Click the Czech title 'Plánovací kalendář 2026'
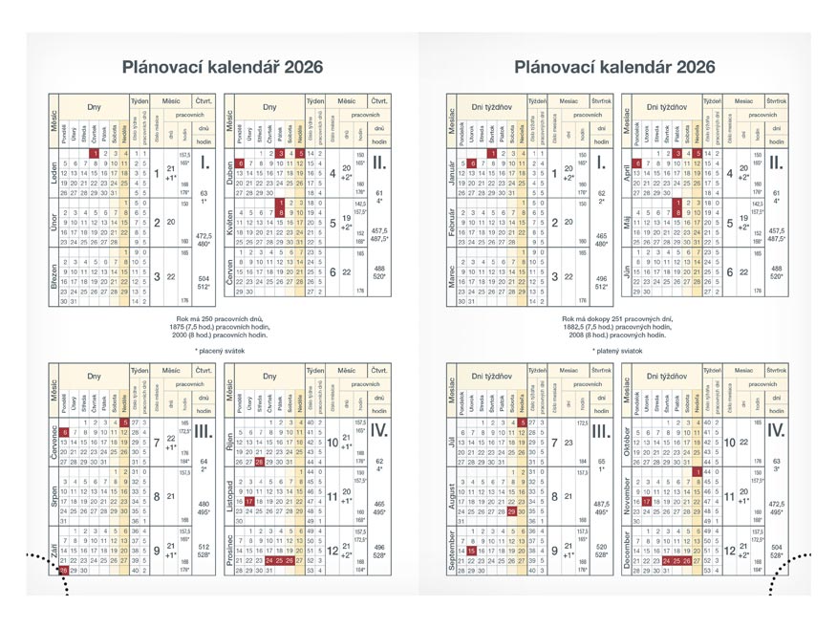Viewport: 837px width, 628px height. point(215,67)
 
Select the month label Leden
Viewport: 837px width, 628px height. point(54,175)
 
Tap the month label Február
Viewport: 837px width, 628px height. point(448,222)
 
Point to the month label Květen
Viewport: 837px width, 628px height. point(229,222)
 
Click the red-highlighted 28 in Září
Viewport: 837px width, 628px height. point(64,570)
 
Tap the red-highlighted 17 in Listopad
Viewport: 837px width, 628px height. point(249,500)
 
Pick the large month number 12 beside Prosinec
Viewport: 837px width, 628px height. point(333,551)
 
